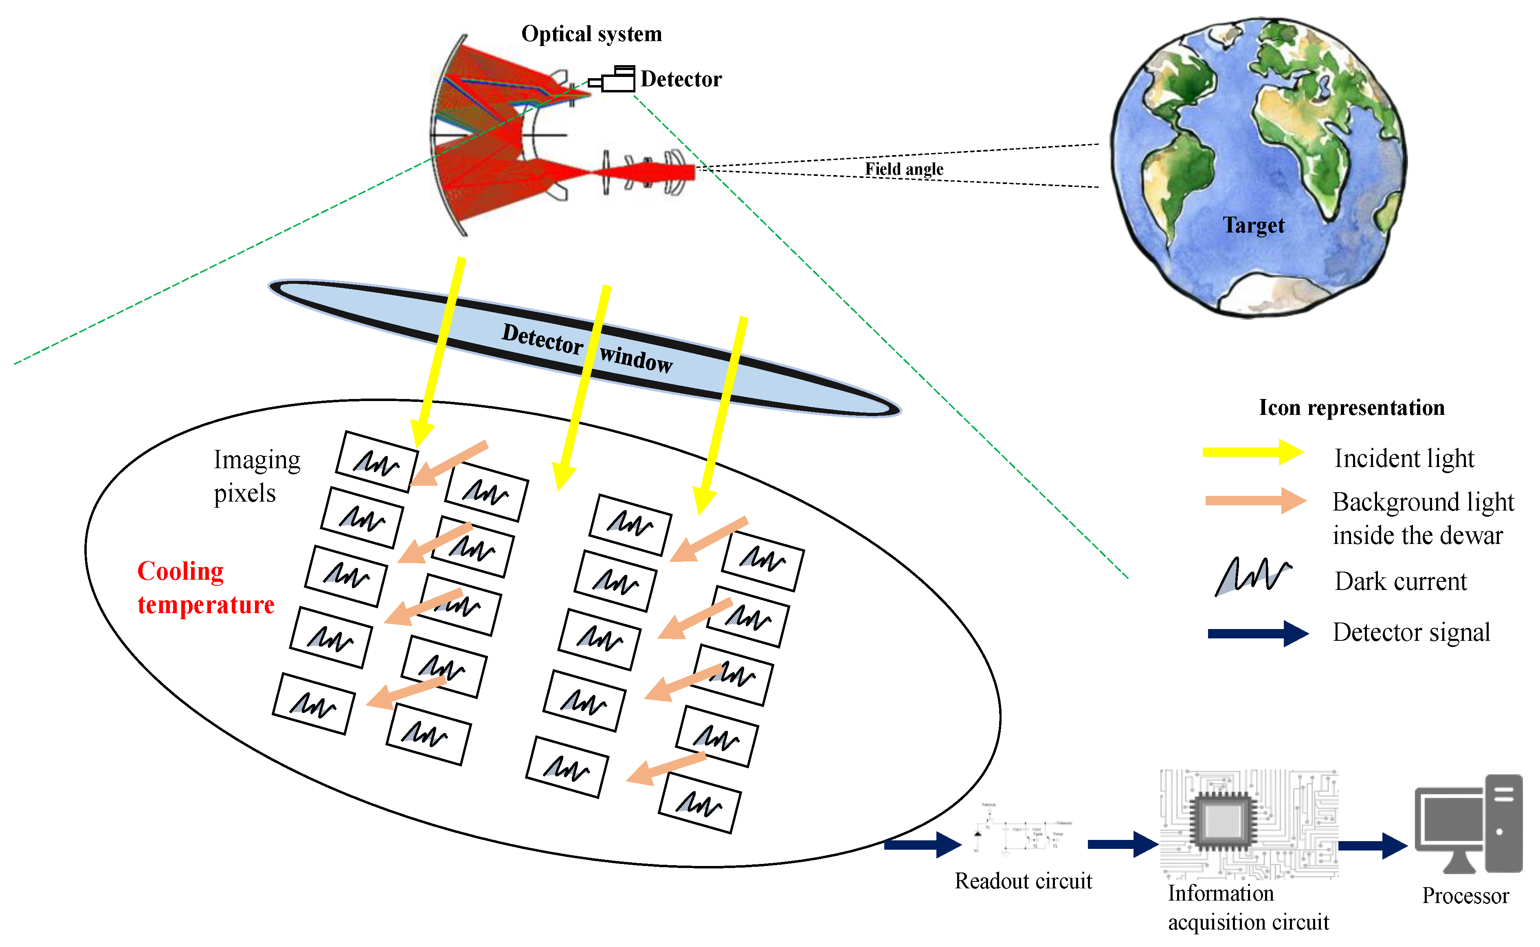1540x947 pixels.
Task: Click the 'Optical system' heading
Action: [x=591, y=34]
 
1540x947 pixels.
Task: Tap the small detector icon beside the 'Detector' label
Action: [x=613, y=79]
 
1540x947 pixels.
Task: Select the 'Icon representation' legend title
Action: [x=1351, y=408]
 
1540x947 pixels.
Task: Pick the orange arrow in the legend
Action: [x=1255, y=500]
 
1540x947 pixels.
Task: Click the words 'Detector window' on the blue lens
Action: [x=587, y=348]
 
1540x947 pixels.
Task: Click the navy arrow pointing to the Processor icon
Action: [x=1372, y=846]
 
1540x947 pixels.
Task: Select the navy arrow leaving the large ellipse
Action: [x=922, y=845]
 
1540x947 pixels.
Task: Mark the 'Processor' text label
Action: [x=1465, y=896]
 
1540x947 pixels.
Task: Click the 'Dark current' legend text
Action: [x=1400, y=582]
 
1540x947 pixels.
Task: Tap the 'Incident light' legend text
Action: [x=1404, y=458]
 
